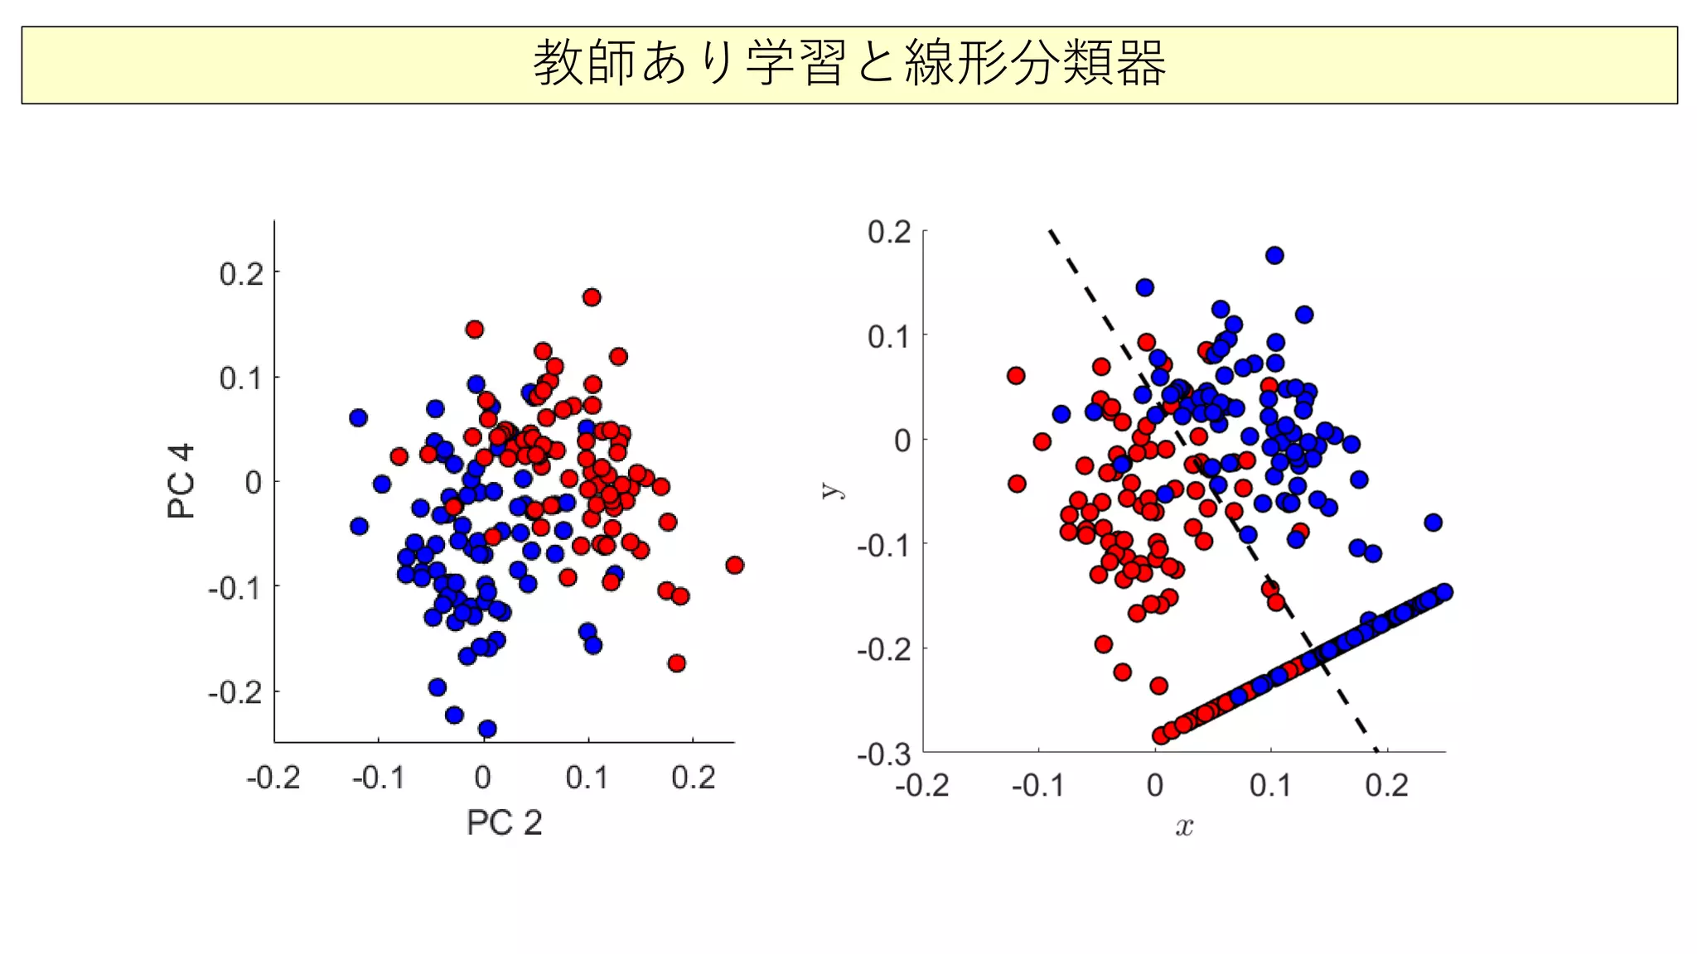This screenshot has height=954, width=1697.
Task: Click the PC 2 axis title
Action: (x=504, y=822)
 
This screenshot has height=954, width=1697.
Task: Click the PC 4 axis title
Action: (x=181, y=481)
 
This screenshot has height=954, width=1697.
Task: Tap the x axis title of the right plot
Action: (x=1184, y=826)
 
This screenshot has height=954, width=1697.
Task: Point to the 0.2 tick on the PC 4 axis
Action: (x=241, y=273)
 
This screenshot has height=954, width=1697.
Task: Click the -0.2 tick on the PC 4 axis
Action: (x=235, y=691)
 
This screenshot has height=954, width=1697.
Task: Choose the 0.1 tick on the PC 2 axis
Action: (x=587, y=778)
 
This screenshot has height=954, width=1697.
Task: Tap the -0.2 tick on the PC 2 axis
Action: (x=273, y=778)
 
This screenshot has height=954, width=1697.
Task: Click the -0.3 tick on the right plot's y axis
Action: (x=884, y=754)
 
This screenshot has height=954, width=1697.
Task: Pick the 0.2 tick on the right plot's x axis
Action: (x=1386, y=785)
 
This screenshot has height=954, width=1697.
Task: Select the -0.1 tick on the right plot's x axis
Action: (x=1037, y=785)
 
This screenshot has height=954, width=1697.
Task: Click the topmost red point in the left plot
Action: (x=592, y=297)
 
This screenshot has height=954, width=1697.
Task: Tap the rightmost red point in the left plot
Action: (x=734, y=566)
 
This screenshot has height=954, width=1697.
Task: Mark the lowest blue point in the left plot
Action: (x=487, y=729)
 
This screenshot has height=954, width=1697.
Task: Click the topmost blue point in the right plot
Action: (x=1274, y=255)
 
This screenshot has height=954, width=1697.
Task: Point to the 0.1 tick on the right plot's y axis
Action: (x=889, y=337)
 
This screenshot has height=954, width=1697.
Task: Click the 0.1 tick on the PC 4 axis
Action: (x=241, y=378)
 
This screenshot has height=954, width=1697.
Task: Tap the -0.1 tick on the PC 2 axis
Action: (x=378, y=778)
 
